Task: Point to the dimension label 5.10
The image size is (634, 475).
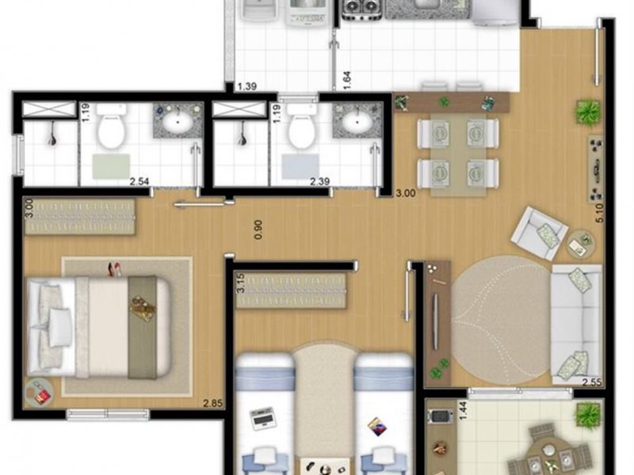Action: [600, 215]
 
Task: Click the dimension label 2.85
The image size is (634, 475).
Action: [212, 404]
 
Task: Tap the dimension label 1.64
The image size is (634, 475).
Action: [347, 79]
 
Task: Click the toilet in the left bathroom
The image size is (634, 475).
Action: [110, 130]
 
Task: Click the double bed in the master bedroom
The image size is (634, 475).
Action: [99, 325]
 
